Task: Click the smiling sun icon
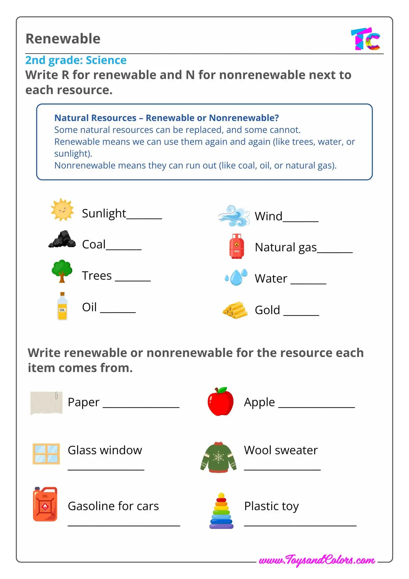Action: (62, 210)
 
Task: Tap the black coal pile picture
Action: (62, 239)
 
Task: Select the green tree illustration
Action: (62, 271)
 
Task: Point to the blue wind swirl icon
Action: (234, 216)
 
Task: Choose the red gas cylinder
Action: (237, 246)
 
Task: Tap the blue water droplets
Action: (236, 277)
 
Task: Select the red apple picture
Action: (220, 402)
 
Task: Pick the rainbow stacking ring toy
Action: (221, 511)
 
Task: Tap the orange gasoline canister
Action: (45, 504)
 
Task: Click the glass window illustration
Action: (46, 454)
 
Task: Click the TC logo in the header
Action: (366, 39)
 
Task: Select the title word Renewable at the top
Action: (63, 39)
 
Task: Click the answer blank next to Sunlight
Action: (144, 216)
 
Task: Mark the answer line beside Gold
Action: (301, 313)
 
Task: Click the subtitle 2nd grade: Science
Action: (76, 60)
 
